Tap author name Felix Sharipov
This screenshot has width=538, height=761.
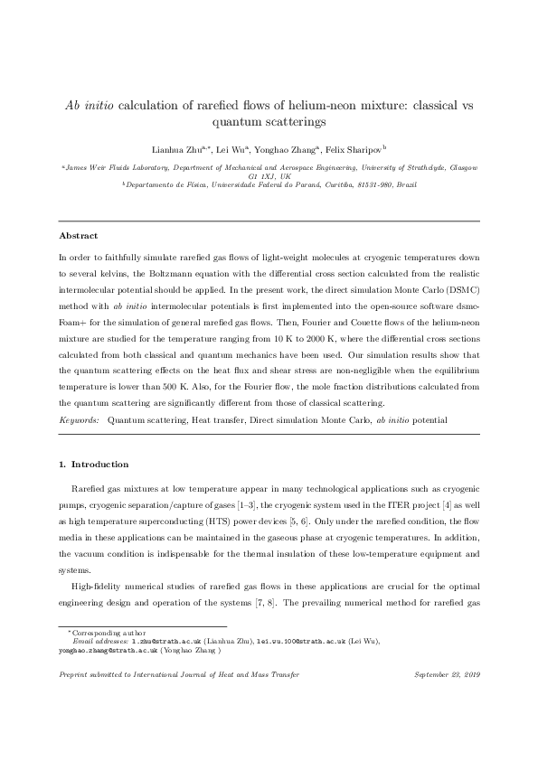[x=356, y=149]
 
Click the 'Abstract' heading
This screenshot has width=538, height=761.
[x=78, y=235]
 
